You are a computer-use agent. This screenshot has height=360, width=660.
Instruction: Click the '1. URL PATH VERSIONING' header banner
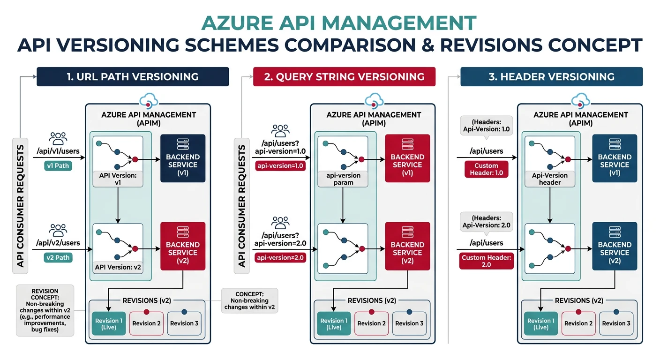133,77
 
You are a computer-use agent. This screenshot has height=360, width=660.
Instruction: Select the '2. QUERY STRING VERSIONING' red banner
344,77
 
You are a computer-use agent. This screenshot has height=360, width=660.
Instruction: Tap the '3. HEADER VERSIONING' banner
551,77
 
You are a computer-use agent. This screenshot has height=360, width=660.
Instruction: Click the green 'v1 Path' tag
58,165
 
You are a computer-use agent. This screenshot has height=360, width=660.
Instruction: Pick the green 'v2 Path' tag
58,257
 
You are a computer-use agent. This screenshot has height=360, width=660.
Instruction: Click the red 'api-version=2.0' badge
280,257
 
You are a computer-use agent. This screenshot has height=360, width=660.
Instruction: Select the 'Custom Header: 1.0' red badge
486,169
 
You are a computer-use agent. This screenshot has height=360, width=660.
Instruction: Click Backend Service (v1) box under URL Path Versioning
183,158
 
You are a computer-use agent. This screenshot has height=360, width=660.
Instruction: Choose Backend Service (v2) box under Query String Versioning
407,246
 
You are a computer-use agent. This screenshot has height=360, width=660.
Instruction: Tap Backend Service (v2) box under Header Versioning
615,246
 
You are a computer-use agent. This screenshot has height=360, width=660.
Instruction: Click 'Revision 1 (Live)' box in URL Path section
108,323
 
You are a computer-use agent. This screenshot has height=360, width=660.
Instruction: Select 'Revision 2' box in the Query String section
371,323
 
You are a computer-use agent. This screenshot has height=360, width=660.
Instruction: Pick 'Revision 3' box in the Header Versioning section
616,323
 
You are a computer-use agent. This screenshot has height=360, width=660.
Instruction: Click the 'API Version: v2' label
118,267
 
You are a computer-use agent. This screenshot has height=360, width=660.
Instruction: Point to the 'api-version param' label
343,179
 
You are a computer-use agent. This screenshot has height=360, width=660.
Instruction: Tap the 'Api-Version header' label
550,179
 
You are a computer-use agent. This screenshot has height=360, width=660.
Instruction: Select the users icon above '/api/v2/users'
58,230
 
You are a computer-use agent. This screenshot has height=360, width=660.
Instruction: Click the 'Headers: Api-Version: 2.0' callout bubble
486,221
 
